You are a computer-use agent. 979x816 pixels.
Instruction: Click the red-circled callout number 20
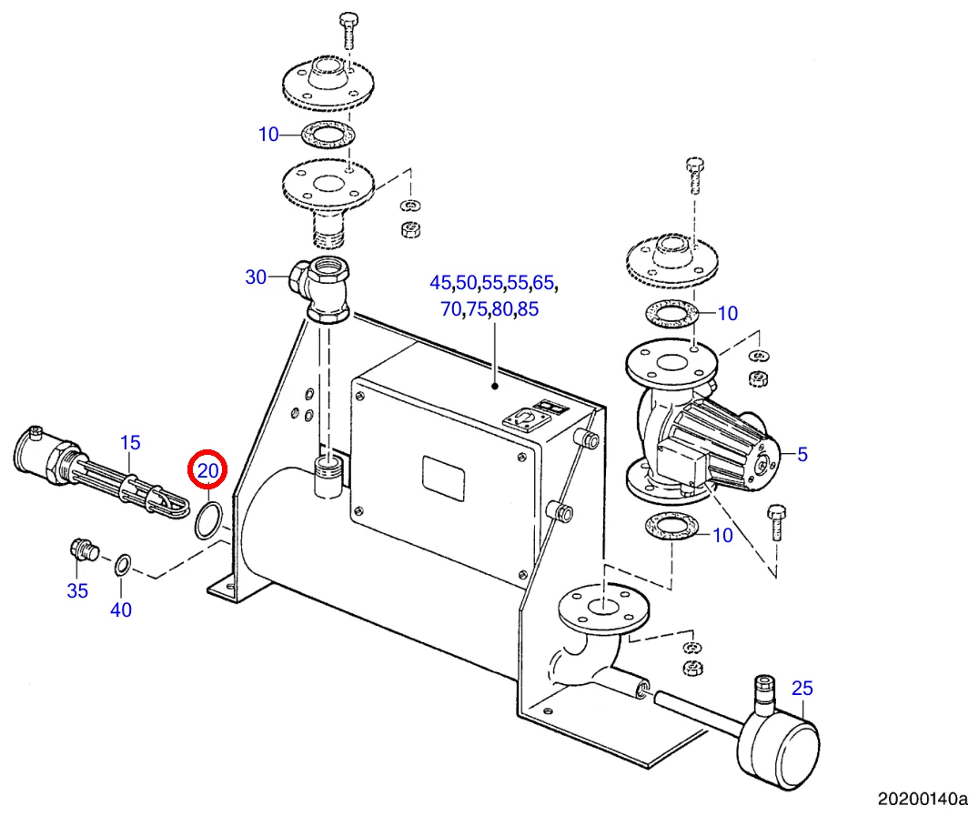[208, 470]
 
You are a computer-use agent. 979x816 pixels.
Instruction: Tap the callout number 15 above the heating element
[130, 443]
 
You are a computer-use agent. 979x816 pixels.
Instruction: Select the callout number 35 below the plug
[77, 590]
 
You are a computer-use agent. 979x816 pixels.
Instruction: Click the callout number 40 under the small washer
[121, 609]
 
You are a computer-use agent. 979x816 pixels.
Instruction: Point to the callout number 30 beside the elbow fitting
[256, 277]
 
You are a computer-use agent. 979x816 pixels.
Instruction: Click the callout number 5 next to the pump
[802, 454]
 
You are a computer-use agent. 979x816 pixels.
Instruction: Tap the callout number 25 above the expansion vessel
[802, 688]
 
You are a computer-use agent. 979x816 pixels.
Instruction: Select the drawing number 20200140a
[923, 799]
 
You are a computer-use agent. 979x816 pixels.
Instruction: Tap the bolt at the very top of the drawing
[348, 30]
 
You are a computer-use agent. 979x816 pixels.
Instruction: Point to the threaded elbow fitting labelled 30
[319, 288]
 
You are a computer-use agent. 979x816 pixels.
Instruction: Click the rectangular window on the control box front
[443, 479]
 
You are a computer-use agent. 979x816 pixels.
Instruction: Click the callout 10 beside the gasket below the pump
[722, 535]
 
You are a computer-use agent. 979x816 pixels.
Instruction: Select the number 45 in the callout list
[440, 283]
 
